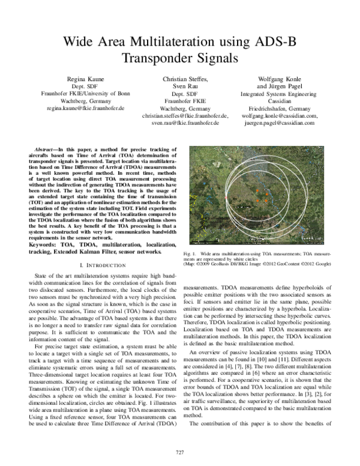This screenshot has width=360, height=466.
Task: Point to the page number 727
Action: coord(179,451)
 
